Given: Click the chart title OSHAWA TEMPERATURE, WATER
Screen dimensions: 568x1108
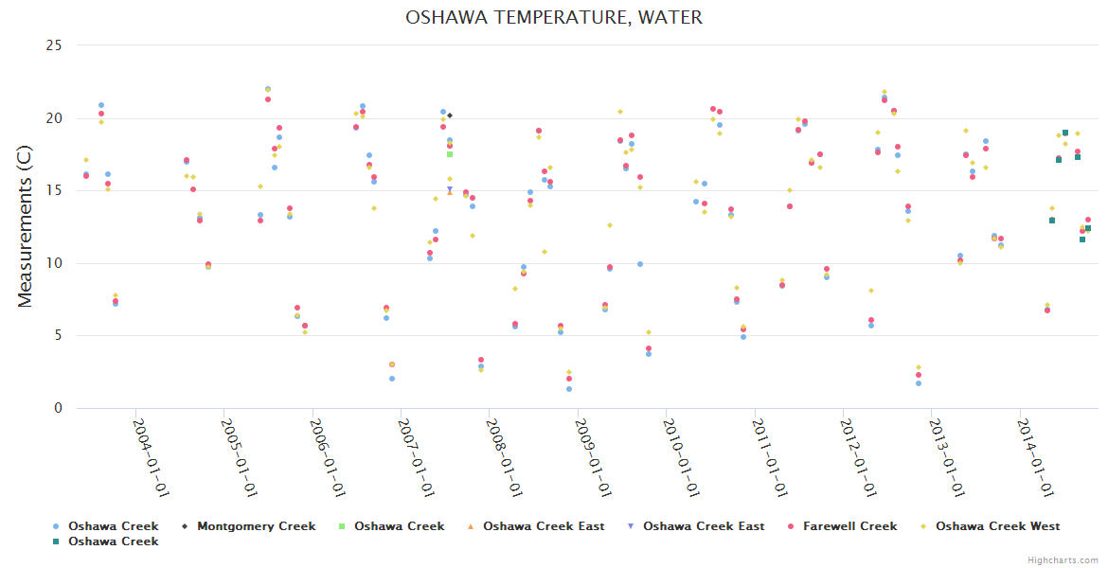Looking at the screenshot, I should [x=554, y=18].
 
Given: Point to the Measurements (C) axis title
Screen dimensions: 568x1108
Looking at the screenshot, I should [x=26, y=226].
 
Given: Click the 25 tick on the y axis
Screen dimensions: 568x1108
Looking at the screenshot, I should [x=54, y=45].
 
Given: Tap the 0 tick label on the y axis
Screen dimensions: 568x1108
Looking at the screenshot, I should [x=59, y=408].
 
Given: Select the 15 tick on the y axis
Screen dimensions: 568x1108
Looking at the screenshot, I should [x=54, y=190].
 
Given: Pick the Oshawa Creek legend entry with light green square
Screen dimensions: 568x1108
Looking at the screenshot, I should [x=399, y=526].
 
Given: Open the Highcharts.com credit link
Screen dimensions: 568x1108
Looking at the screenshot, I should [x=1063, y=560].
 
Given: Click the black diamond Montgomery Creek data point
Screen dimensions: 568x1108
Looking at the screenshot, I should [x=450, y=115].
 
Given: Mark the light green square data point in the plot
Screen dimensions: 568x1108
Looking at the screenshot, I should [x=450, y=154].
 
